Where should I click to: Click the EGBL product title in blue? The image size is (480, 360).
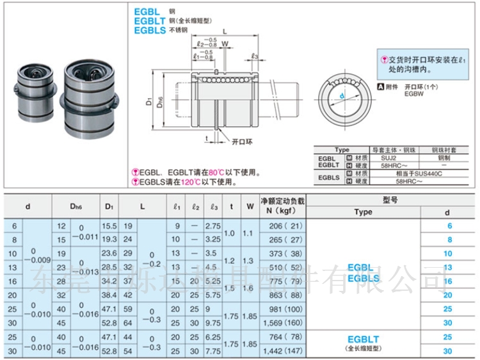[148, 12]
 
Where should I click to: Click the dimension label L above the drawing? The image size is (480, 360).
[225, 31]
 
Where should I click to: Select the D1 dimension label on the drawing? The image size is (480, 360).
[148, 101]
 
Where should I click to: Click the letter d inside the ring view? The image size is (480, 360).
[342, 97]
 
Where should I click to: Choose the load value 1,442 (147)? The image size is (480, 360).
[282, 351]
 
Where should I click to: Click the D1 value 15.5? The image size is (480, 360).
[109, 226]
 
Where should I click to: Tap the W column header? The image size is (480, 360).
[249, 206]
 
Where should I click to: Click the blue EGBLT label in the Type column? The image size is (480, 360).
[363, 340]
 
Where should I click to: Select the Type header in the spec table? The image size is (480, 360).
[363, 212]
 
